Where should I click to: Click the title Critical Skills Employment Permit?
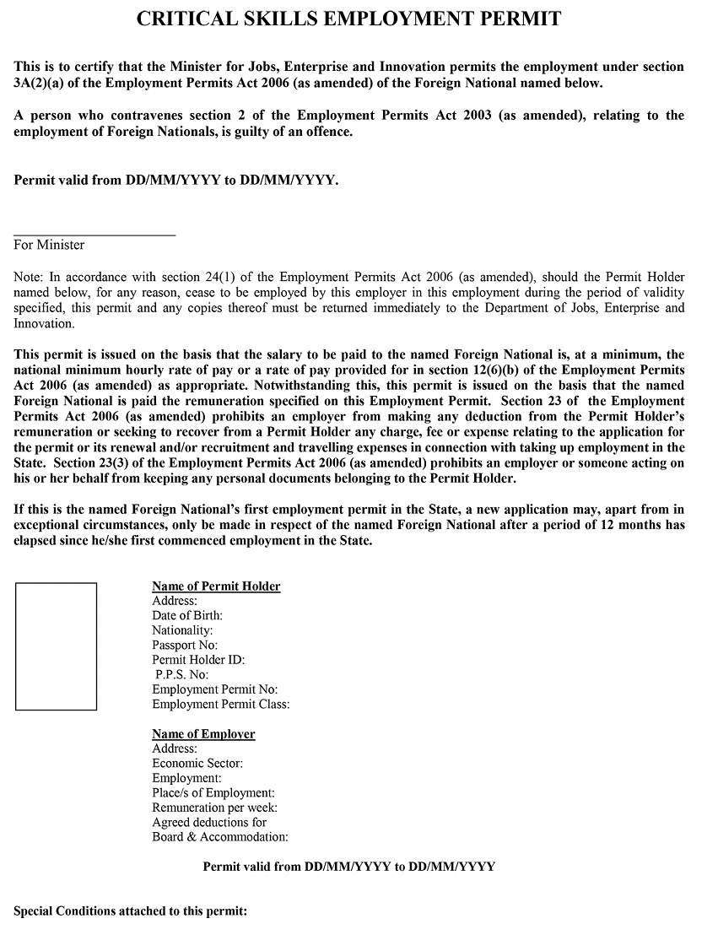(x=348, y=19)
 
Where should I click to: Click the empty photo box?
(x=56, y=646)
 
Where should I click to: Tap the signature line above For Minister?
(x=94, y=235)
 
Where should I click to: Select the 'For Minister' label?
(x=49, y=245)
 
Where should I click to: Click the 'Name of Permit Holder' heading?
(x=216, y=586)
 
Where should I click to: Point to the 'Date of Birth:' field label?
(x=187, y=616)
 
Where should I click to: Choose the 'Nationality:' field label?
(x=182, y=630)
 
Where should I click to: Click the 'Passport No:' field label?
(x=185, y=646)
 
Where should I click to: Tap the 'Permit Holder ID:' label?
(x=198, y=660)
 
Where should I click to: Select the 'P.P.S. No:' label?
(x=181, y=675)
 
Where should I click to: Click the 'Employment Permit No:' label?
(x=215, y=689)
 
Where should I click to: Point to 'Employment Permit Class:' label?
(x=221, y=705)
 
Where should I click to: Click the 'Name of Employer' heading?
(x=203, y=734)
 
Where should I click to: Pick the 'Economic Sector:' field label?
(x=197, y=764)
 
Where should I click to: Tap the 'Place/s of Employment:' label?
(x=213, y=793)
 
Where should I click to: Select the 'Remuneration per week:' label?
(x=214, y=808)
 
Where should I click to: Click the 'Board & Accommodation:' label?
(x=220, y=837)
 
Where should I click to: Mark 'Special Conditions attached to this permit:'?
(x=131, y=912)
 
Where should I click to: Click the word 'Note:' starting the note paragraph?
(x=30, y=277)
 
